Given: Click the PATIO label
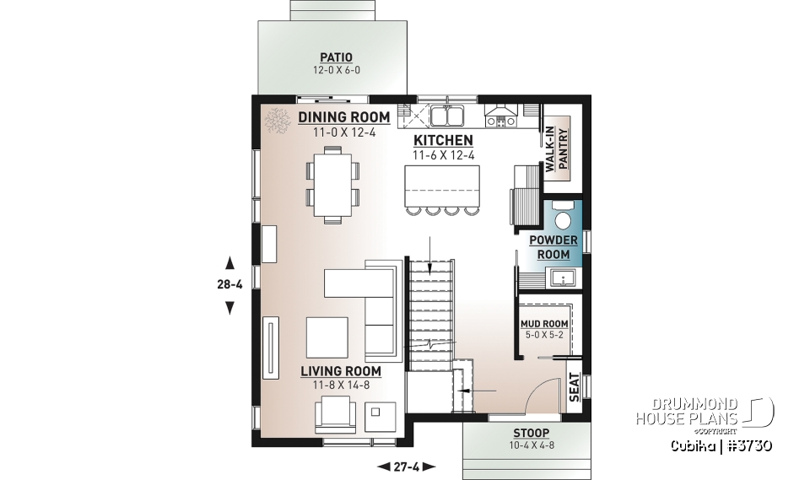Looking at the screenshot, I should pos(336,57).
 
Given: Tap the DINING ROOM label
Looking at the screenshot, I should pos(343,117).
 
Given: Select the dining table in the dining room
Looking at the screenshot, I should pos(332,185).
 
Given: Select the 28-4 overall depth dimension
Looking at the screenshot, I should pos(229,284).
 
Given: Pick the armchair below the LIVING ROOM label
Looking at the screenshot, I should pos(335,415).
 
